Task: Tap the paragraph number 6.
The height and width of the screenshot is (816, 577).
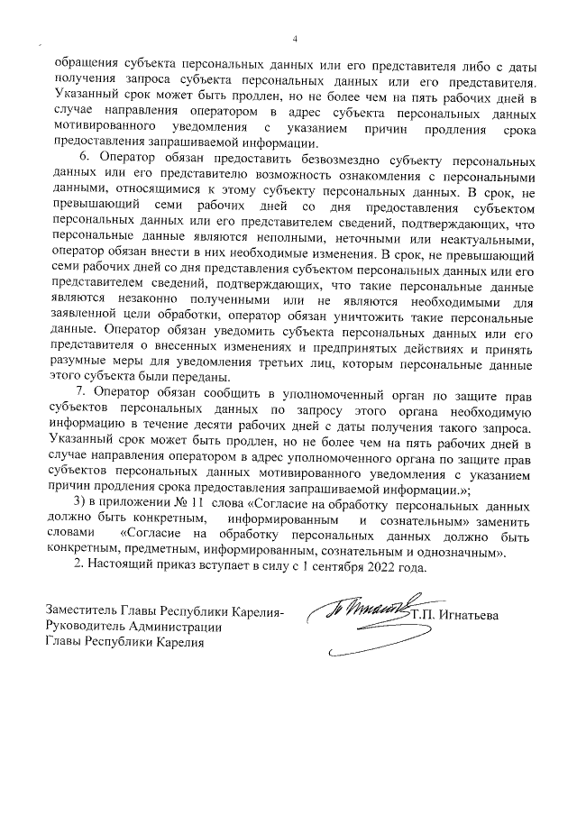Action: (84, 155)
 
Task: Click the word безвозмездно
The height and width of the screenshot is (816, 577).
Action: (298, 155)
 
